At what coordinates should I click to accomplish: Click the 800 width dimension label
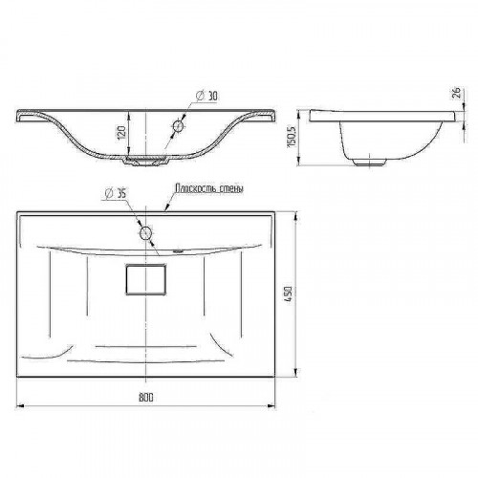pos(146,397)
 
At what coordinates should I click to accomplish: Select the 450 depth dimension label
pos(288,294)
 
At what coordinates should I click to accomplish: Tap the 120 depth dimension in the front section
pos(121,132)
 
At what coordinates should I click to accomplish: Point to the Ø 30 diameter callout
pos(207,96)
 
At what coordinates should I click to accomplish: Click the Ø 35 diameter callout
pos(116,193)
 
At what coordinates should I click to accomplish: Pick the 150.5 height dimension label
pos(292,137)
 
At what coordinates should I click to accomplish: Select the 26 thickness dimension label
pos(457,93)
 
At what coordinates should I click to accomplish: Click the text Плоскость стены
pos(209,188)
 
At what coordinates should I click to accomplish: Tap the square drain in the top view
pos(146,279)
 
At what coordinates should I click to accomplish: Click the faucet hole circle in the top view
pos(145,233)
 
